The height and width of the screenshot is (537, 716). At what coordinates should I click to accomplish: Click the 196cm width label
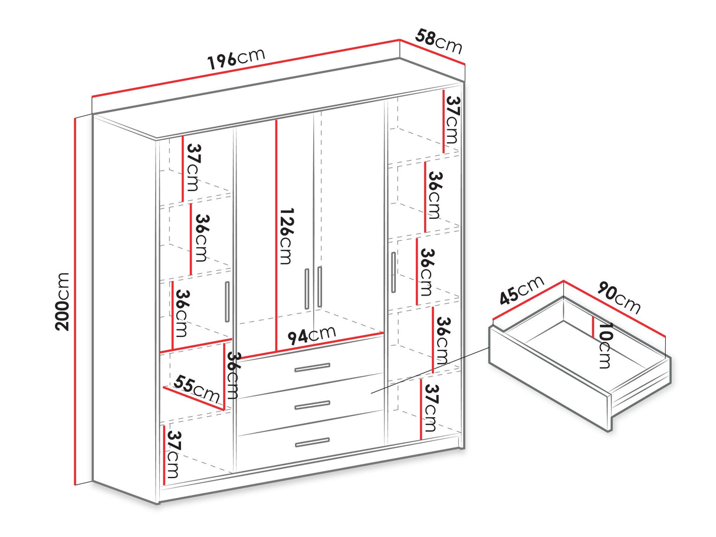point(236,60)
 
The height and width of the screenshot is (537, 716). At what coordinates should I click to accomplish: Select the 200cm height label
point(62,302)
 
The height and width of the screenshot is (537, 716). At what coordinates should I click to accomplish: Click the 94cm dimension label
point(311,335)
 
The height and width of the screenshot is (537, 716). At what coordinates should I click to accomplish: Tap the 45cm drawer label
point(521,290)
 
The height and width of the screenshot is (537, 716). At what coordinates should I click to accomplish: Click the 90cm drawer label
point(619,297)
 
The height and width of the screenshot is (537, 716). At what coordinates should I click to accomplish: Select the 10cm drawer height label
point(606,345)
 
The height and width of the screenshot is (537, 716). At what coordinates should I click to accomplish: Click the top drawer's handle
point(312,368)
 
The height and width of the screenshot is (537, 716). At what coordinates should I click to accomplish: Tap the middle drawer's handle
point(312,405)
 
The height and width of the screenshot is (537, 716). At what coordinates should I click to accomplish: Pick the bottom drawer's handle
point(312,443)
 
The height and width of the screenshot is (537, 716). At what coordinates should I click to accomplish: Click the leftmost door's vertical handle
point(227,302)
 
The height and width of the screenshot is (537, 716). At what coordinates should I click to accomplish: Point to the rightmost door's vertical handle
point(393,272)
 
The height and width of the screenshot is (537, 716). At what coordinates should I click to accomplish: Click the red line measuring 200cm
point(75,301)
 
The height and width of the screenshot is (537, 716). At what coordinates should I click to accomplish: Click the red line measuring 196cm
point(246,68)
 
